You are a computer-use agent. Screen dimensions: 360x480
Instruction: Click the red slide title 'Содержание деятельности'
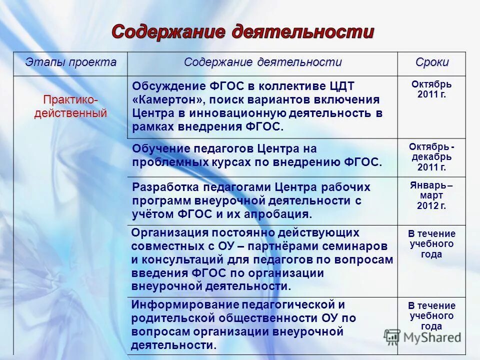click(x=242, y=31)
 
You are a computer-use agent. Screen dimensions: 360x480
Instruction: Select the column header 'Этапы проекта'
click(x=71, y=62)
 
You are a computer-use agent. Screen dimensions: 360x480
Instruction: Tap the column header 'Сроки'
click(x=432, y=62)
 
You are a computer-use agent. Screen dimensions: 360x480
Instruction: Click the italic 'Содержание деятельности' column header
click(x=263, y=62)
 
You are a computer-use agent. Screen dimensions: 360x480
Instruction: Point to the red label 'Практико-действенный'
click(x=70, y=106)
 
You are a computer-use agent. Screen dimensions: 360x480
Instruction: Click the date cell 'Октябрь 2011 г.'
click(x=431, y=89)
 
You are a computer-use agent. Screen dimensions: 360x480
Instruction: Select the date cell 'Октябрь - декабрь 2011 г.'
click(x=431, y=157)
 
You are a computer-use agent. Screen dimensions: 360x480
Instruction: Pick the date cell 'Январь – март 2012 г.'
click(x=431, y=195)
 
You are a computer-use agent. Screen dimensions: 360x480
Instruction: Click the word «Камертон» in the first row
click(x=165, y=99)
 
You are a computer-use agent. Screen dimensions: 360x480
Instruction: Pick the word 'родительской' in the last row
click(x=169, y=318)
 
